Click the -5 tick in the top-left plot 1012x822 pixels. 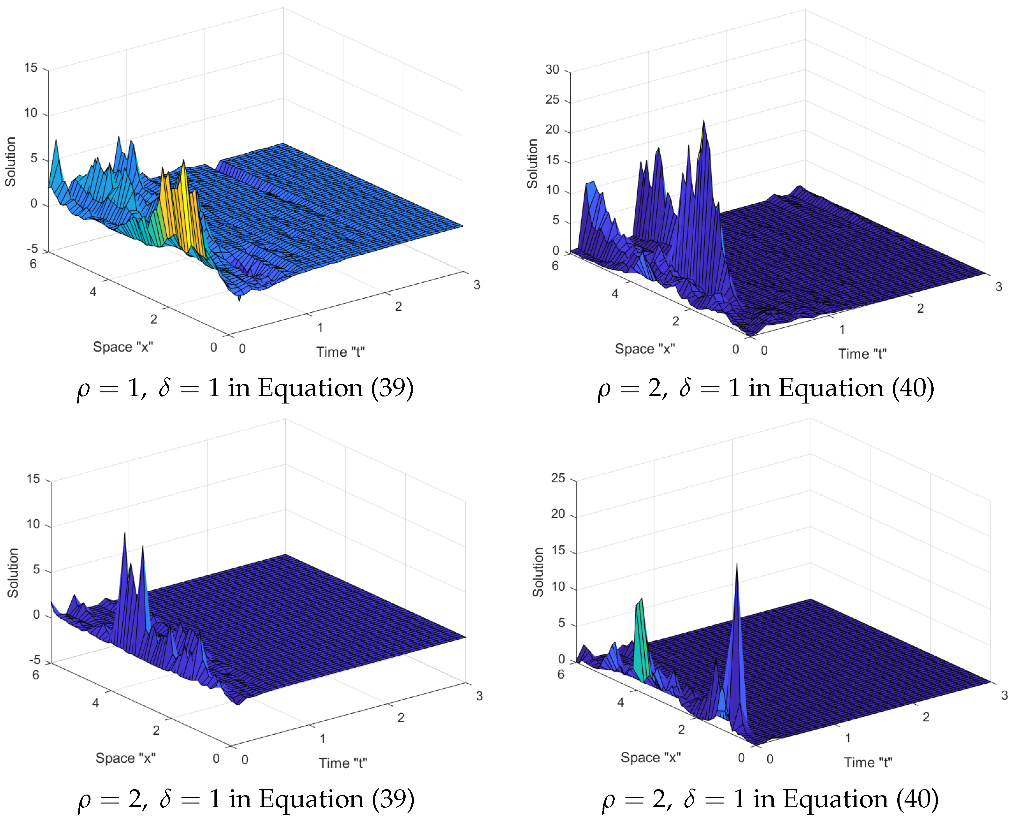tap(32, 249)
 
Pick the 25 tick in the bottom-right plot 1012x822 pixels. tap(558, 478)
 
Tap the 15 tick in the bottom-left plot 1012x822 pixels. tap(33, 479)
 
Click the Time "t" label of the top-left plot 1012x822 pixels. tap(340, 352)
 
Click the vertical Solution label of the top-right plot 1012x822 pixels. tap(532, 164)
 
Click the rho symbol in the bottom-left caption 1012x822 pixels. tap(84, 800)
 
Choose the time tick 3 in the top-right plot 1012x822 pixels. tap(999, 287)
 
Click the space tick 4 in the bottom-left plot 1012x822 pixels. tap(96, 703)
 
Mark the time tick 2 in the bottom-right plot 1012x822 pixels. tap(926, 717)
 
